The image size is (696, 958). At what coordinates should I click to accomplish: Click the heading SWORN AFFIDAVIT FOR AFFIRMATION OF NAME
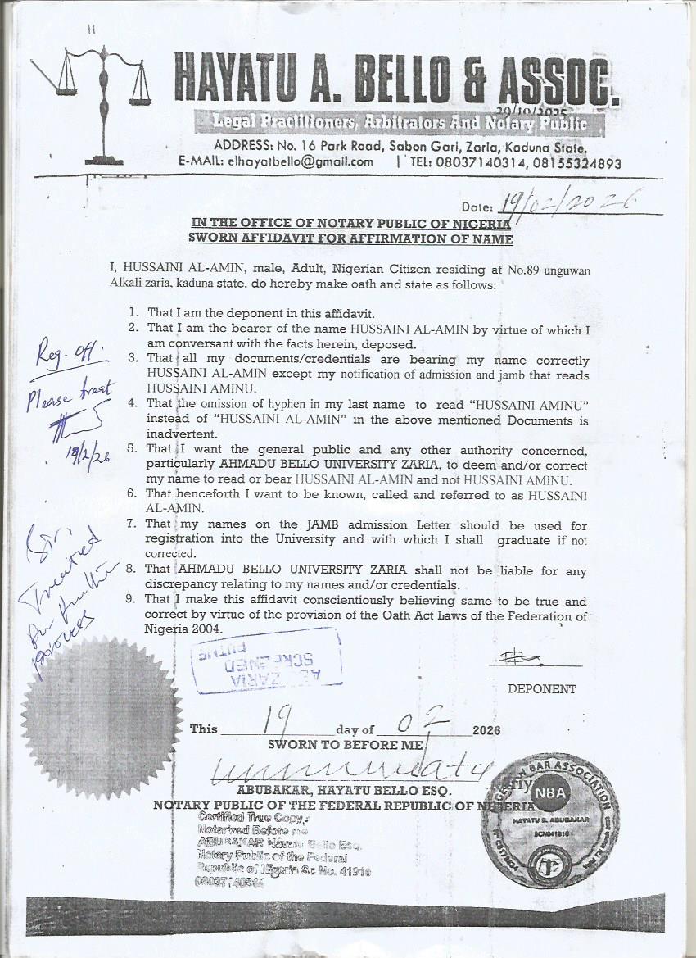[350, 239]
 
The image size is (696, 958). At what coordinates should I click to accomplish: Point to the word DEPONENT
[541, 689]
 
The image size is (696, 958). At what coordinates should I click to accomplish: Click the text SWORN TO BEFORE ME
[346, 745]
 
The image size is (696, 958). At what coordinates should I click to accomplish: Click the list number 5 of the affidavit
[135, 450]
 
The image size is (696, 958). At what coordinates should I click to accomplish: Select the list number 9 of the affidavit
[135, 600]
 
